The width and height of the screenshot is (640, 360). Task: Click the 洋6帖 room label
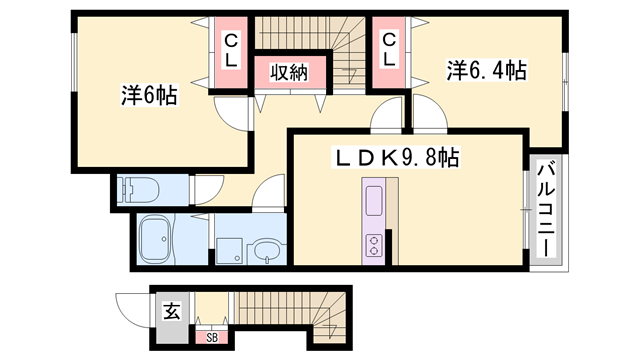click(x=149, y=96)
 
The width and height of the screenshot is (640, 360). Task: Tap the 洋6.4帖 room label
click(x=486, y=70)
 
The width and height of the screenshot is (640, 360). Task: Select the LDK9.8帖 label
click(x=396, y=157)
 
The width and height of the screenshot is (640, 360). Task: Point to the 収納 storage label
click(x=287, y=72)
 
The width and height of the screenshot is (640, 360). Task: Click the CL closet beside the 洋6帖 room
click(x=230, y=50)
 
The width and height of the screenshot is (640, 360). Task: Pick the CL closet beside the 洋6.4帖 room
click(x=388, y=50)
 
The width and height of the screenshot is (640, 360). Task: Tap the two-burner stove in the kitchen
click(x=373, y=244)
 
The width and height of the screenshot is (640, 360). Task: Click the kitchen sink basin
click(x=373, y=199)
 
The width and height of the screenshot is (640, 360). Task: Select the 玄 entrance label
click(x=170, y=311)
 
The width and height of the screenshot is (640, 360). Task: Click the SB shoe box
click(x=212, y=338)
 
